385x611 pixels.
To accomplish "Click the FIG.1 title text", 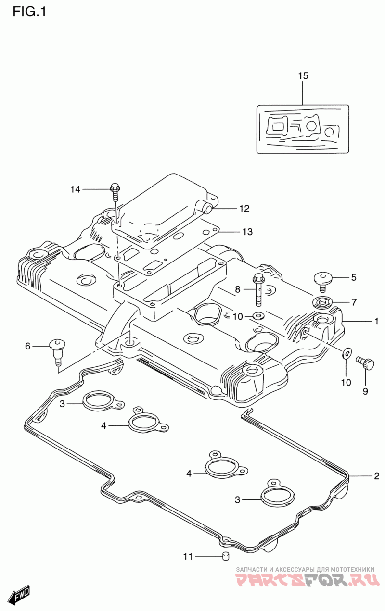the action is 29,12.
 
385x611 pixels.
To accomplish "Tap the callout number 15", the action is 303,75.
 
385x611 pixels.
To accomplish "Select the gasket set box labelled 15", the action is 303,129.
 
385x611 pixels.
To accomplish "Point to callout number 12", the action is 244,209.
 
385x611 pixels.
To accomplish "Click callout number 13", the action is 248,232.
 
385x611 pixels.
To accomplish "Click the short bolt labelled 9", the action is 365,363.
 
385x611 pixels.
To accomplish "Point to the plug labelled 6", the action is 57,352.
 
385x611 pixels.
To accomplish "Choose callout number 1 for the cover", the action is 376,321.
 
